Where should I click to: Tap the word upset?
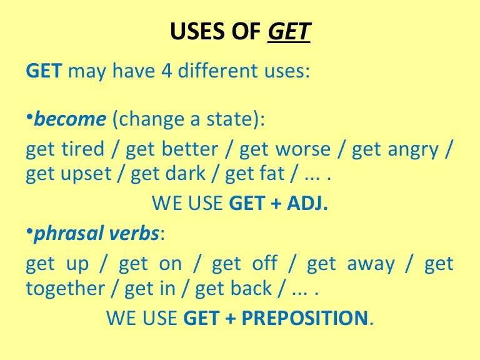(84, 174)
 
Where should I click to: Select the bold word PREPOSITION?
(304, 318)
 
